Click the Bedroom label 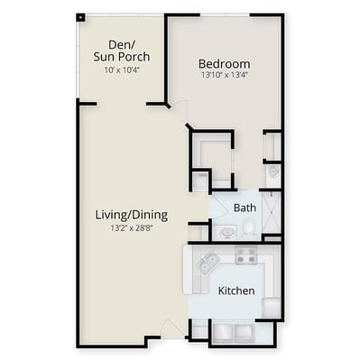[224, 64]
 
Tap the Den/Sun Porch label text [121, 51]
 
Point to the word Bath [245, 208]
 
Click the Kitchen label [235, 291]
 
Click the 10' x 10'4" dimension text [121, 70]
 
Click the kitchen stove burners [245, 256]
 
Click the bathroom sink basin [226, 231]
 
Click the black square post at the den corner [81, 16]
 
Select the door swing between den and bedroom [180, 113]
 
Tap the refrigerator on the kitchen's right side [271, 307]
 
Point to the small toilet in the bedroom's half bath [272, 171]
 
